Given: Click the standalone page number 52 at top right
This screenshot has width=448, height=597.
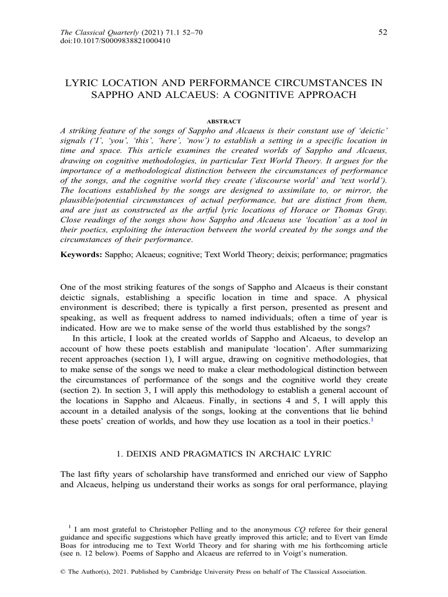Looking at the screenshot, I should [x=383, y=33].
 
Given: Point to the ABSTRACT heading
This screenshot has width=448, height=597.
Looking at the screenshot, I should [x=224, y=121].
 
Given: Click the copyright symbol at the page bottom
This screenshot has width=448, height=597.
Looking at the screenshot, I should [x=63, y=573].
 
